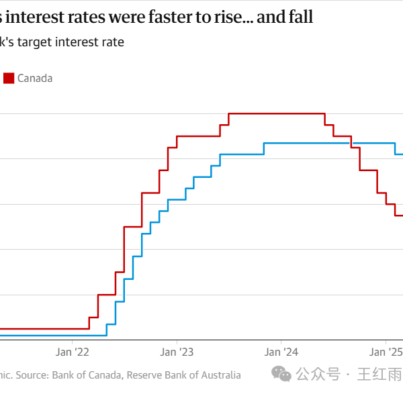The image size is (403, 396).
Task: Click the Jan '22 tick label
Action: pyautogui.click(x=73, y=351)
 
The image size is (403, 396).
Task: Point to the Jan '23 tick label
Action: pyautogui.click(x=177, y=351)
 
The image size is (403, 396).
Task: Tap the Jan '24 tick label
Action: pyautogui.click(x=281, y=351)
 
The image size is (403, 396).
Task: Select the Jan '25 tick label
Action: pyautogui.click(x=386, y=351)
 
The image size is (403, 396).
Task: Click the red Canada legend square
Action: pyautogui.click(x=9, y=78)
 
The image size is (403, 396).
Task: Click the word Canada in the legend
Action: pyautogui.click(x=35, y=78)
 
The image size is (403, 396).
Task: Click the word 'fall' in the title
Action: pyautogui.click(x=300, y=17)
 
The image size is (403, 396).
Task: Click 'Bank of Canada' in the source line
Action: pyautogui.click(x=87, y=375)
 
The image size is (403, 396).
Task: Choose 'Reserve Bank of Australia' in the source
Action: pyautogui.click(x=183, y=375)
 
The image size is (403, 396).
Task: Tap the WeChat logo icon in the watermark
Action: pyautogui.click(x=283, y=374)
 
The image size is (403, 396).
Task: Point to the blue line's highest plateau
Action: pyautogui.click(x=309, y=143)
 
